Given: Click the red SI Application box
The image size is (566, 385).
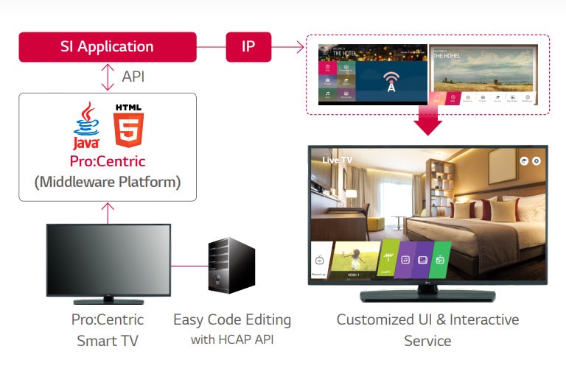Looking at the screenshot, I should [108, 46].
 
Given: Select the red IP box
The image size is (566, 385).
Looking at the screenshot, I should [248, 46].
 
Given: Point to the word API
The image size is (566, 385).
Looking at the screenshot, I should [133, 77].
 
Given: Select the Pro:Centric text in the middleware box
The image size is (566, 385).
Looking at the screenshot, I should [108, 161].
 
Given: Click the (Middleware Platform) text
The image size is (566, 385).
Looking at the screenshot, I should [108, 181].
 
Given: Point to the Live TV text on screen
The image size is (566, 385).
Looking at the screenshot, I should [337, 159].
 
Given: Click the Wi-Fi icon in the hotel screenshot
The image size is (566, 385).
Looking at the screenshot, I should [391, 80].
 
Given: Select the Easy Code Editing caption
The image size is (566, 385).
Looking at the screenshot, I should [232, 320].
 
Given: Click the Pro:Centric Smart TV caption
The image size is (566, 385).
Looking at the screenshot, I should [108, 331].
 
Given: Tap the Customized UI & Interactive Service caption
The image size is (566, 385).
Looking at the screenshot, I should [427, 331].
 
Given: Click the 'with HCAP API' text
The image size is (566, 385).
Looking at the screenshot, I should [232, 340].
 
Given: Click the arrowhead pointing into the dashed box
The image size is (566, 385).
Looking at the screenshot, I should [299, 47].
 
